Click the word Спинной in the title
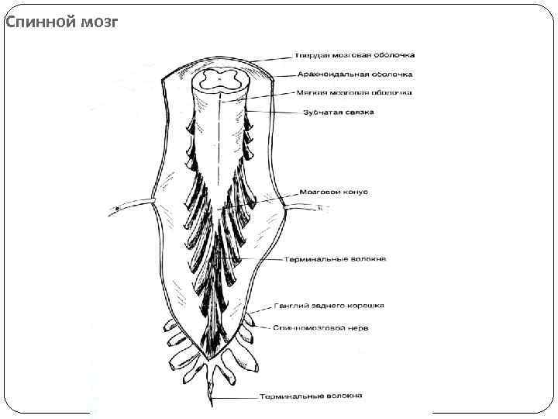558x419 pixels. tap(38, 22)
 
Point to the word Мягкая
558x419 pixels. tap(309, 93)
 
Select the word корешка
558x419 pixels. tap(367, 306)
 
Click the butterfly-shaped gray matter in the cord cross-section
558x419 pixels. tap(221, 78)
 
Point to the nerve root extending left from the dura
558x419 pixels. tap(132, 204)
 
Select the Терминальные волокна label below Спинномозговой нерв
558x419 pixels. tap(312, 396)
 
